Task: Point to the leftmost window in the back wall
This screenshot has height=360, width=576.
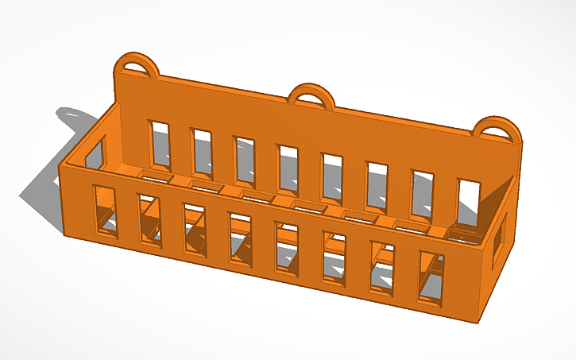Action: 160,145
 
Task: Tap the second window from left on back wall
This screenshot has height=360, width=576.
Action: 203,152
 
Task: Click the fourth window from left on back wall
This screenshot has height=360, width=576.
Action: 288,167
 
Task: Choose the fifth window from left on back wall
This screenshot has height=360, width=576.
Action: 331,174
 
